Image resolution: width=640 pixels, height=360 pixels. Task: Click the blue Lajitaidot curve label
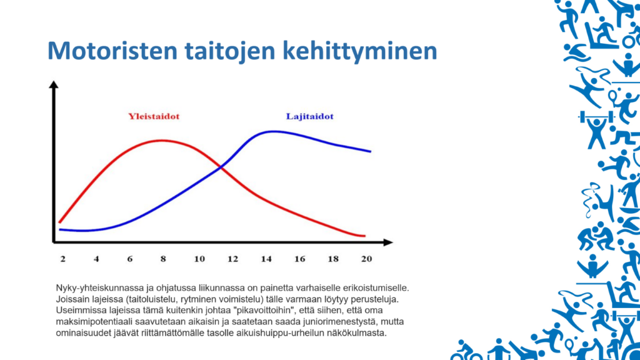[x=309, y=117]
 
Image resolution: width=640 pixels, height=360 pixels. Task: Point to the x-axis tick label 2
[x=62, y=259]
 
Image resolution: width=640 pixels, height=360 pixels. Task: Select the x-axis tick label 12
[x=232, y=259]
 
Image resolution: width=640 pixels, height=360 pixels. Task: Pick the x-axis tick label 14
[x=267, y=259]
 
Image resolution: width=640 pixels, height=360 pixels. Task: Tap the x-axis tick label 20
[x=366, y=259]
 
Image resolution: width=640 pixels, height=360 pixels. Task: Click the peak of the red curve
[x=161, y=140]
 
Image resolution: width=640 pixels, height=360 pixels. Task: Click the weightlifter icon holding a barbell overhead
[x=593, y=123]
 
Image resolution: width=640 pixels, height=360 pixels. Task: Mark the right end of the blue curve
[x=371, y=151]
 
